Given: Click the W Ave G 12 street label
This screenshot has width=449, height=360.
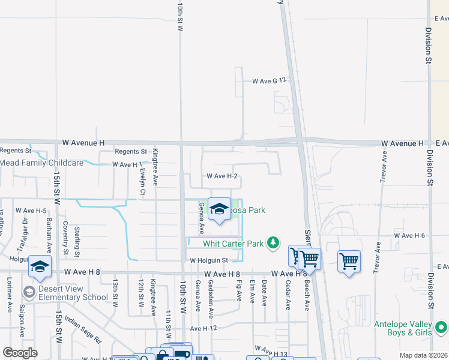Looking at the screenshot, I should [271, 80].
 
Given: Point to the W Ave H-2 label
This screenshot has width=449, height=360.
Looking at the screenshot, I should [222, 176].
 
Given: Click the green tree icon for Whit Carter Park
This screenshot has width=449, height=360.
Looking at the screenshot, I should [274, 242].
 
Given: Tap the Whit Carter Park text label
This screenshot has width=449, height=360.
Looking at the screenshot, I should [233, 244].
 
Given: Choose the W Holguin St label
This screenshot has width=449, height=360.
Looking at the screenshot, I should [209, 260].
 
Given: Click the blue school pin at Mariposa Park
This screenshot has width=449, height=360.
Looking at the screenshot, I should [219, 209].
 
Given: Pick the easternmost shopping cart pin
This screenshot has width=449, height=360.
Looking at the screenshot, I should [349, 261].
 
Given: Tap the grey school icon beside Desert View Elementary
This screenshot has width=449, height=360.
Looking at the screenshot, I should [28, 292].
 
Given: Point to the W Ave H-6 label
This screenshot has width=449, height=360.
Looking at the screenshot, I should [409, 236].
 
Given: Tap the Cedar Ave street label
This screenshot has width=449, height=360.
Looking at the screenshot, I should [288, 295].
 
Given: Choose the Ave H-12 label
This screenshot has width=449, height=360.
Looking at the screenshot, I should [203, 329].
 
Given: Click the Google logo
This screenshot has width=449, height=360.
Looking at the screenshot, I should [20, 353].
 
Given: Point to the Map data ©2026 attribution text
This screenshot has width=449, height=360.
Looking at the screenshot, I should [423, 355].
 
